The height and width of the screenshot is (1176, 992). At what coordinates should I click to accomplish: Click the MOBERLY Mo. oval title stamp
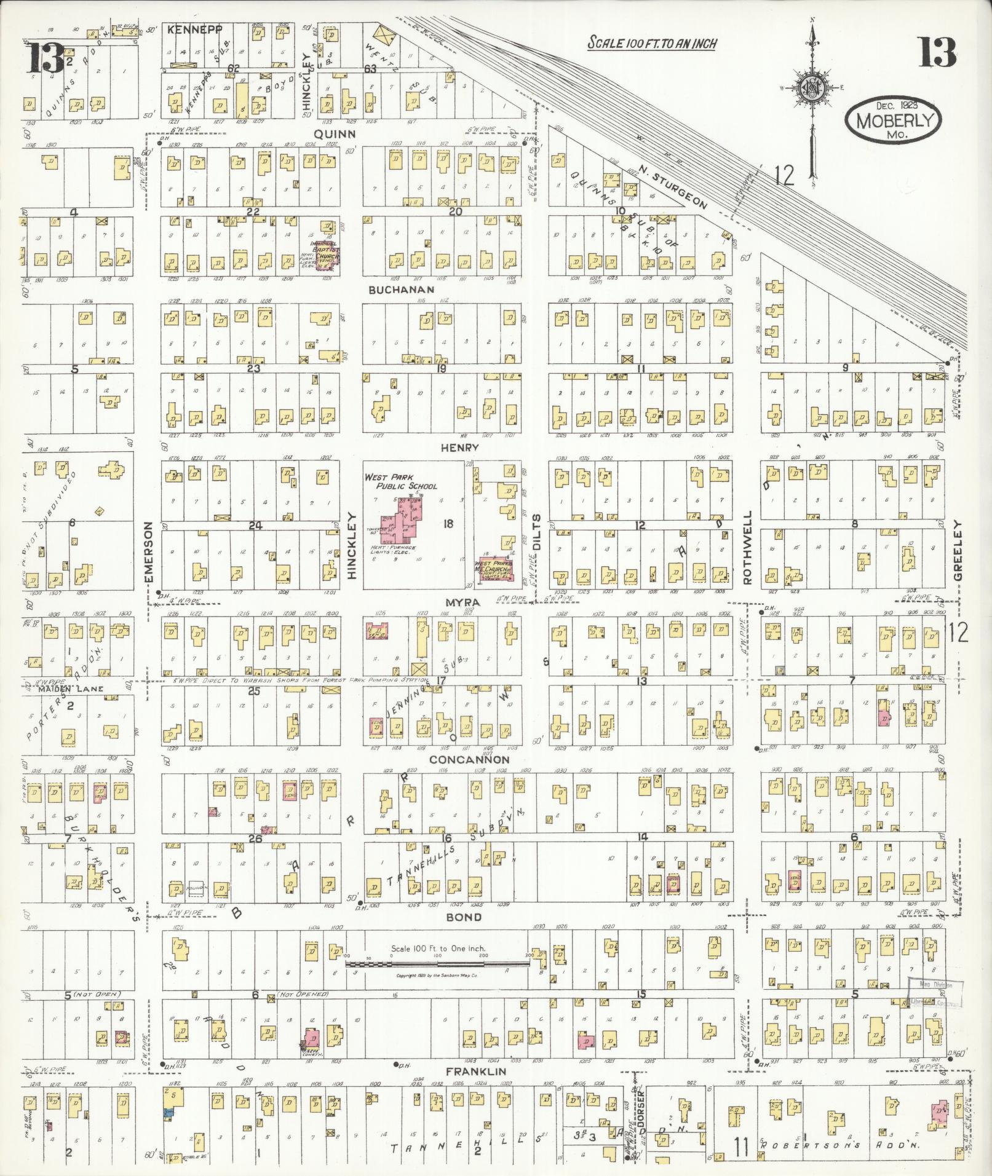pos(894,119)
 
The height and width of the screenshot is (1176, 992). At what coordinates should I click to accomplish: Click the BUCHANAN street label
pos(402,289)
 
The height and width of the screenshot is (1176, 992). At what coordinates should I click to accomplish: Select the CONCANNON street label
pos(469,760)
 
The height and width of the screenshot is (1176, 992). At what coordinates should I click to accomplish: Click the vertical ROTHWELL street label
pos(747,547)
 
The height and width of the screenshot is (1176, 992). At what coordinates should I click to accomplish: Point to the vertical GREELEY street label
pos(958,550)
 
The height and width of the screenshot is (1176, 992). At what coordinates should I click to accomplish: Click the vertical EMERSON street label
pos(148,551)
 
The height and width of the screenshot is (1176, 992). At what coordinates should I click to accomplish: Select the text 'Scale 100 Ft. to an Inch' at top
pos(652,43)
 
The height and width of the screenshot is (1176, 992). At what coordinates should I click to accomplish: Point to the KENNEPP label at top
pos(192,29)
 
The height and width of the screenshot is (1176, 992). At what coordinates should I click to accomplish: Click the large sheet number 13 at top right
pos(937,53)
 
